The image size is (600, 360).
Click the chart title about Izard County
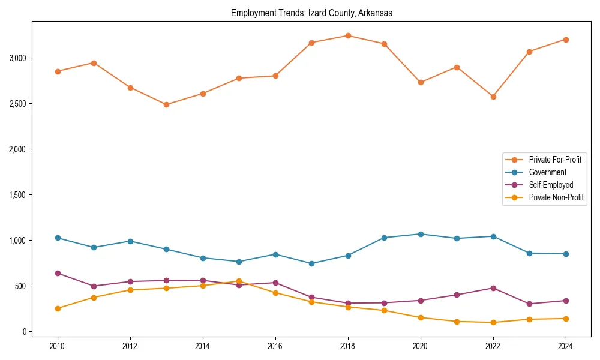(311, 13)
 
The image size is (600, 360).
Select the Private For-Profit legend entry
(554, 160)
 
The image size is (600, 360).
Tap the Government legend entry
(547, 172)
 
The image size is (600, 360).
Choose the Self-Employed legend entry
(551, 185)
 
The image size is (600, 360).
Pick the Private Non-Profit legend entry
(556, 197)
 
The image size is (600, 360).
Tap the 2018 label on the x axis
(348, 346)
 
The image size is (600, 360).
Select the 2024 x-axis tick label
(565, 346)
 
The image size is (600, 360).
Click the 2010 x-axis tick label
(58, 346)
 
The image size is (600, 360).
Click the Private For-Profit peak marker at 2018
(348, 36)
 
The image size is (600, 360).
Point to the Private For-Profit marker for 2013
(166, 104)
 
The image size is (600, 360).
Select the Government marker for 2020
(421, 234)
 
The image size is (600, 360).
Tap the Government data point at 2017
(311, 263)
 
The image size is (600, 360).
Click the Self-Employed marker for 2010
(58, 273)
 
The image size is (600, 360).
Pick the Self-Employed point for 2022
(493, 288)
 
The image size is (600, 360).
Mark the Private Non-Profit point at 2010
(58, 308)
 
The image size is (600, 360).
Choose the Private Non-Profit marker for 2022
(493, 322)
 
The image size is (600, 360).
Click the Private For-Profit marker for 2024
(565, 40)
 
